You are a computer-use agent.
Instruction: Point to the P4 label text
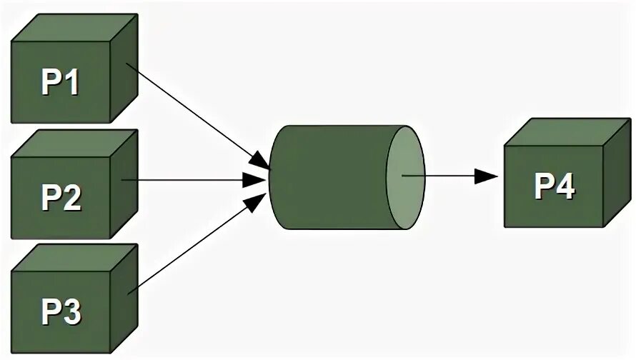coord(554,187)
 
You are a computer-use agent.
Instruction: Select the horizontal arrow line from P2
coord(186,181)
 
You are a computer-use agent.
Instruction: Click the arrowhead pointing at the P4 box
coord(487,176)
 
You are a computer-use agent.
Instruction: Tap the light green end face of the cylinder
coord(405,177)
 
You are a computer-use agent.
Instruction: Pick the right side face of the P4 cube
coord(615,175)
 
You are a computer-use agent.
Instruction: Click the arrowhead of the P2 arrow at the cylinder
coord(254,181)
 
